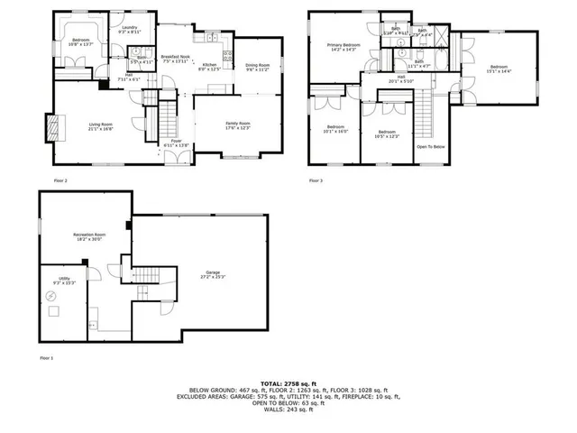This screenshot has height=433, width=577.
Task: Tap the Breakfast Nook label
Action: pos(175,60)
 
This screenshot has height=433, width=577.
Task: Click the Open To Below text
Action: pos(431,146)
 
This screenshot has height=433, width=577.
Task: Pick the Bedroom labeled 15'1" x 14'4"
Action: pos(499,69)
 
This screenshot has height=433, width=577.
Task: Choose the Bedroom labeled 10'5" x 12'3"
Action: pos(386,134)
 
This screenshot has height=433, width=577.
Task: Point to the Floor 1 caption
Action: pos(46,358)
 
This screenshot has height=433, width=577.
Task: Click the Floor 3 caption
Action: pos(316,180)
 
